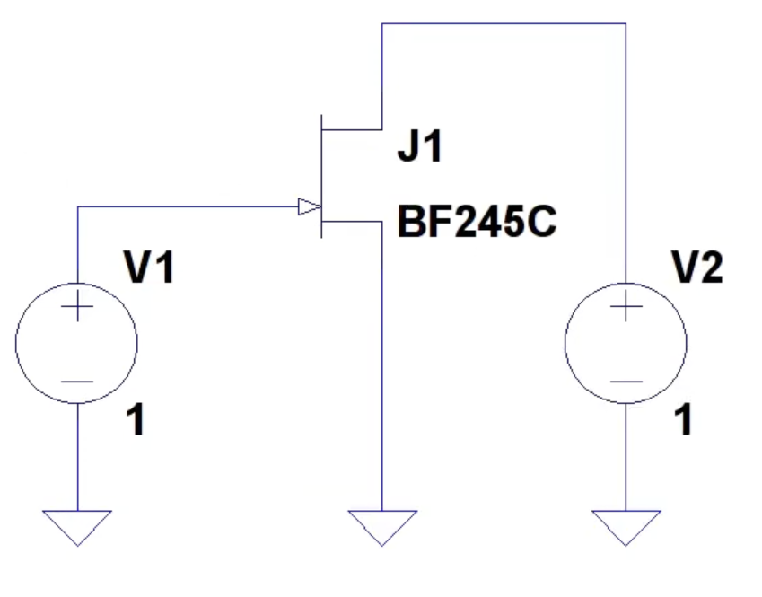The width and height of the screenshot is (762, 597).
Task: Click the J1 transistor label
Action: coord(420,145)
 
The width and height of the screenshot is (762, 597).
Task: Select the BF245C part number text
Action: coord(477,222)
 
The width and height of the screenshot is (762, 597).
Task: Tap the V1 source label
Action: coord(149,267)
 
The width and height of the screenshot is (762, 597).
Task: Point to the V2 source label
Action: coord(697,267)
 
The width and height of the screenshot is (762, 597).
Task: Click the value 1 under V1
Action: coord(136,420)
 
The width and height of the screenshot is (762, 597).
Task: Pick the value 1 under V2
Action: coord(683,420)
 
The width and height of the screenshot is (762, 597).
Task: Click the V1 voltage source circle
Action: coord(16,343)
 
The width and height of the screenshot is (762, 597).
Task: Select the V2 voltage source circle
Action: coord(565,343)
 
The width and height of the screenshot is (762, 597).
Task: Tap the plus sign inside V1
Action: coord(77,306)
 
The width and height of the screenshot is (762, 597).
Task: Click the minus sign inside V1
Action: coord(77,382)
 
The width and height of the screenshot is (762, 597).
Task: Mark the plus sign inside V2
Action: coord(626,306)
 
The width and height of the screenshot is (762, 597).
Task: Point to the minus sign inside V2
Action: coord(626,382)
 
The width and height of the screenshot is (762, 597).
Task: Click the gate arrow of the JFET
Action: coord(309,206)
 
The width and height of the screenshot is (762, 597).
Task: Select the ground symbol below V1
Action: coord(77,528)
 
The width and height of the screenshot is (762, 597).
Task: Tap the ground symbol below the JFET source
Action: coord(382,528)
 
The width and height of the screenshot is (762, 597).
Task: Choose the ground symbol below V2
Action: coord(626,528)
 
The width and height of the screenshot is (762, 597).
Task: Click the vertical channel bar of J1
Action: coord(321,176)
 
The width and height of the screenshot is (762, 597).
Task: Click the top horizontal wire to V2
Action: coord(504,23)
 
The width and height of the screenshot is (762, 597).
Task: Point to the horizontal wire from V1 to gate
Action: coord(188,206)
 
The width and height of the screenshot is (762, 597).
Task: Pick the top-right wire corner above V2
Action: coord(626,23)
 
